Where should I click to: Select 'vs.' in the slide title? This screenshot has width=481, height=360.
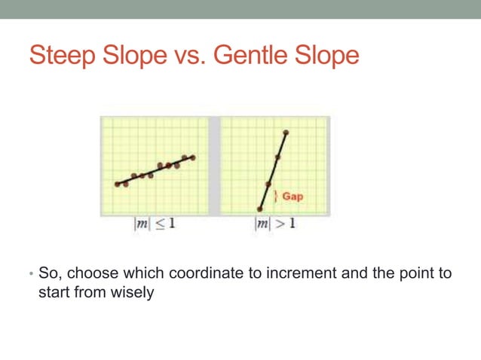tap(188, 56)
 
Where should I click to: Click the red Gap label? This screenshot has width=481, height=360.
tap(293, 196)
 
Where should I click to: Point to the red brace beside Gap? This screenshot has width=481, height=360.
tap(277, 196)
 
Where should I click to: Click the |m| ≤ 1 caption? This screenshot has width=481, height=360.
tap(154, 224)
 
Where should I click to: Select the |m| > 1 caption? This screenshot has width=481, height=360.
tap(274, 224)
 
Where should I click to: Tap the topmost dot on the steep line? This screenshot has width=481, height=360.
tap(285, 133)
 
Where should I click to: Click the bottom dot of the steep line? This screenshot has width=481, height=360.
tap(260, 209)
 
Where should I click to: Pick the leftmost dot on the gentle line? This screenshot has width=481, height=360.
tap(118, 184)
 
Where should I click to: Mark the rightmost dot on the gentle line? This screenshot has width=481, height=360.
tap(193, 157)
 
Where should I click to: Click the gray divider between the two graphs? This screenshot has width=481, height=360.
tap(213, 166)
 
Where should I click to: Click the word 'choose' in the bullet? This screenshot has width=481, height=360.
tap(94, 273)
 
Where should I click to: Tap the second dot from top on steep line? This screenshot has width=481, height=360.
tap(277, 157)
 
